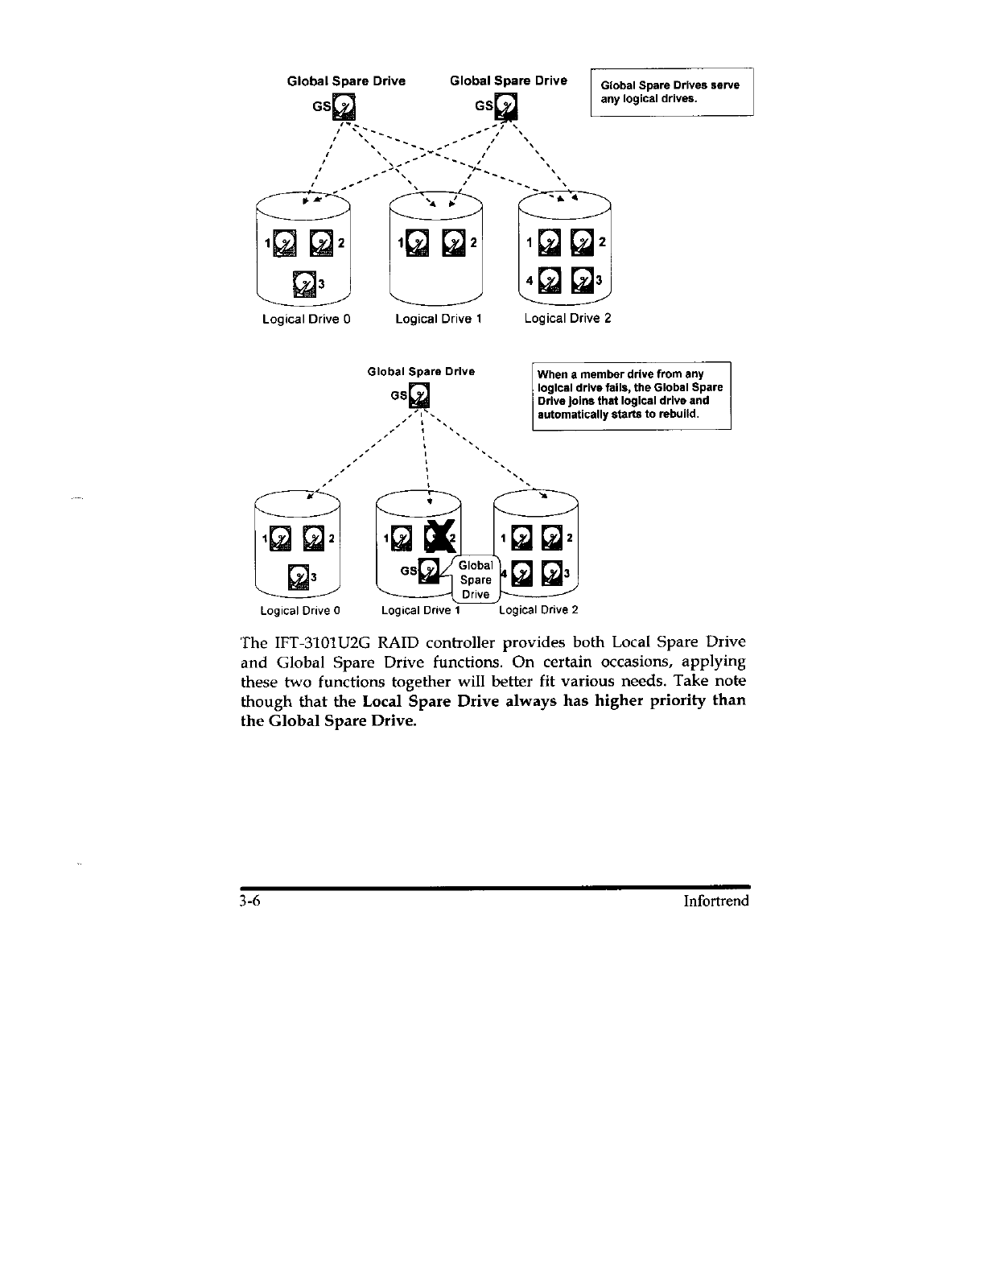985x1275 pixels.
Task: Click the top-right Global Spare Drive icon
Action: coord(507,106)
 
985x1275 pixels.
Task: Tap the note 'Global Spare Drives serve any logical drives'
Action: coord(671,93)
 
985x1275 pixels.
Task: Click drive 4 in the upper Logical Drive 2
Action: coord(549,280)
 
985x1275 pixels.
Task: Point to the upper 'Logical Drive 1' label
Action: coord(438,319)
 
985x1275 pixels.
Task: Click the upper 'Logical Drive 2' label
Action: coord(567,318)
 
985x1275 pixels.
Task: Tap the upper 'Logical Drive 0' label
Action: coord(306,319)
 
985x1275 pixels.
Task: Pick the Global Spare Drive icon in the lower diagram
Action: coord(420,396)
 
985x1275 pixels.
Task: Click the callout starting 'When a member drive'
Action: coord(631,395)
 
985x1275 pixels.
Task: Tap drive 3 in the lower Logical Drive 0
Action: coord(299,576)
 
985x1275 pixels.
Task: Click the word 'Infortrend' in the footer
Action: coord(715,901)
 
